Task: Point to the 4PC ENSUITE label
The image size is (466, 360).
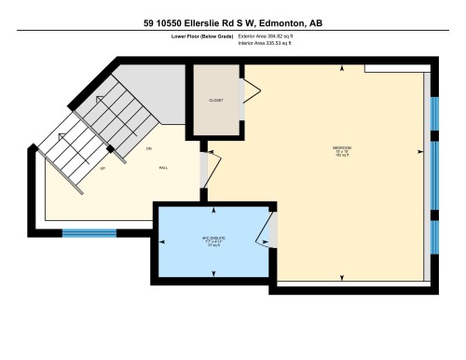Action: point(213,239)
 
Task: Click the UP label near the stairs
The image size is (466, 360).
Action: point(102,169)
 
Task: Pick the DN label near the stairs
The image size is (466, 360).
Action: point(148,148)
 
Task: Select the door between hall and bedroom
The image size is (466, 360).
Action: point(212,169)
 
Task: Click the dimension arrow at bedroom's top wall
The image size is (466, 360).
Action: point(342,69)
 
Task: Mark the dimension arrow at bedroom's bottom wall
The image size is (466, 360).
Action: point(342,279)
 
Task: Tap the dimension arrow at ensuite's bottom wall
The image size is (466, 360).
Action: point(213,272)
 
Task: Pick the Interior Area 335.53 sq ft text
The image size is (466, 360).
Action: point(271,41)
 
